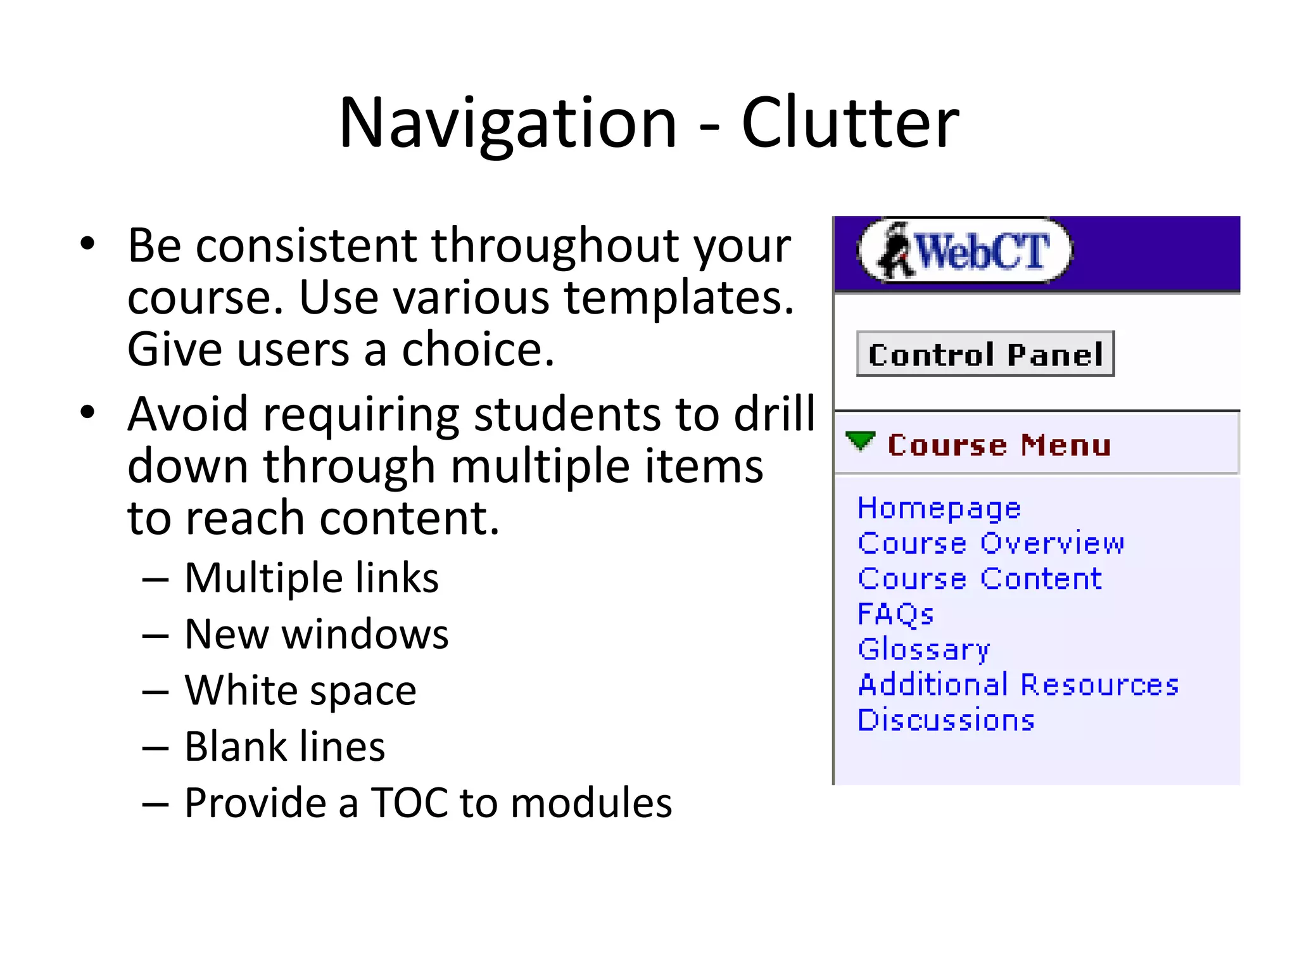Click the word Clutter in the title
850,124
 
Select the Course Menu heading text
999,445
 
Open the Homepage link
939,509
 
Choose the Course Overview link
990,544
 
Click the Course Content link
980,579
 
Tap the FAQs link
895,614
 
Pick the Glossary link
923,649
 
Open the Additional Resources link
1018,685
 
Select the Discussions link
946,720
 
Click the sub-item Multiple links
312,578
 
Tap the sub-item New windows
317,634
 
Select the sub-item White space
301,690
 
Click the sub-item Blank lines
285,746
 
